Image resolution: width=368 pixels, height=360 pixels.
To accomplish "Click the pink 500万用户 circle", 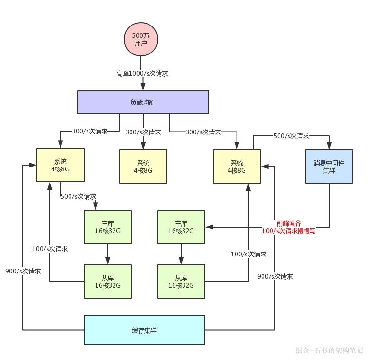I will [140, 39].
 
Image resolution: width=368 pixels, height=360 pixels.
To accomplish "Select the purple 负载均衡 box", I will [143, 102].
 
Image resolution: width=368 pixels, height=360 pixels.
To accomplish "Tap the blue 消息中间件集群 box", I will [329, 167].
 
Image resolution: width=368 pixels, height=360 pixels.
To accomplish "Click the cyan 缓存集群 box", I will [144, 330].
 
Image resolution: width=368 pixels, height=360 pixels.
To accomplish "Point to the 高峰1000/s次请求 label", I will [142, 73].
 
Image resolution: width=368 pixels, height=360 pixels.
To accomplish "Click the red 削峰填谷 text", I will [289, 223].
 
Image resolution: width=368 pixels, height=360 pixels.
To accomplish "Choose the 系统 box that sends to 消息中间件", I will [237, 167].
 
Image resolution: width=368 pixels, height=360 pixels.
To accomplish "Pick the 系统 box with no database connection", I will [143, 167].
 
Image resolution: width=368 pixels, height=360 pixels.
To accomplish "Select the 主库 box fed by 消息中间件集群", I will [181, 227].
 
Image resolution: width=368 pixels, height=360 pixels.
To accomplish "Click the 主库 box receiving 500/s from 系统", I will [108, 227].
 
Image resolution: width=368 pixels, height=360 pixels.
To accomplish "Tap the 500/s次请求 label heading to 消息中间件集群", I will [291, 136].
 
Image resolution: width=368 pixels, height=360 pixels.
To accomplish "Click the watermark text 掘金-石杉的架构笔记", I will [329, 351].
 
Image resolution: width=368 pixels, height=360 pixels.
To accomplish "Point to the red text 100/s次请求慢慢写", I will [289, 231].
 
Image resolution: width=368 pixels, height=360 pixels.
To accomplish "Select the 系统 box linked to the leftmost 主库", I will [61, 165].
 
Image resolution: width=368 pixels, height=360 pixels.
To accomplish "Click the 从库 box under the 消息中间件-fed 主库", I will [181, 281].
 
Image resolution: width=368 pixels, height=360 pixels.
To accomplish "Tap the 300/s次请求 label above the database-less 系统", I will [143, 132].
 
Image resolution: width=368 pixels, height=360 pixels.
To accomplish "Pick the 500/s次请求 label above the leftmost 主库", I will [78, 196].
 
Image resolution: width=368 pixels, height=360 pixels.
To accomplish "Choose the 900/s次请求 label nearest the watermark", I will [275, 276].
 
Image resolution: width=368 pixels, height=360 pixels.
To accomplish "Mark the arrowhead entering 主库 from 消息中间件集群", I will [209, 227].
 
